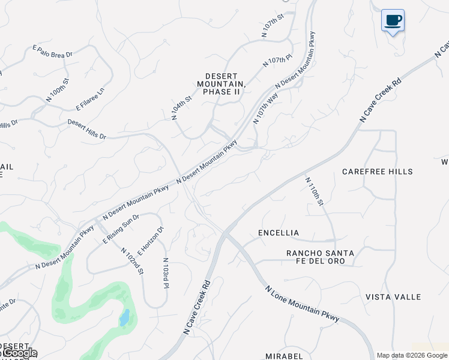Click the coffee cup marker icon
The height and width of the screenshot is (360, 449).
(x=393, y=21)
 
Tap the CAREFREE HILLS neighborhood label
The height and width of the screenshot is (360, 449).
(x=378, y=172)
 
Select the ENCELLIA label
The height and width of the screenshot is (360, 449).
(x=279, y=233)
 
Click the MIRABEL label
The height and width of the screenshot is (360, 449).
(x=285, y=356)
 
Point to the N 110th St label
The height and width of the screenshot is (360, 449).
(x=314, y=191)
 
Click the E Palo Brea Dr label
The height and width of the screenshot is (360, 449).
(x=52, y=51)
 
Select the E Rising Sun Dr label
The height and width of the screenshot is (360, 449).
(x=121, y=229)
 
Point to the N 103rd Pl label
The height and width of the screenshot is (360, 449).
(x=165, y=273)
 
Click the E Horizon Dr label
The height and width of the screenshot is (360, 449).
(x=150, y=241)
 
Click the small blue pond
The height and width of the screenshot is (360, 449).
(x=124, y=317)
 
